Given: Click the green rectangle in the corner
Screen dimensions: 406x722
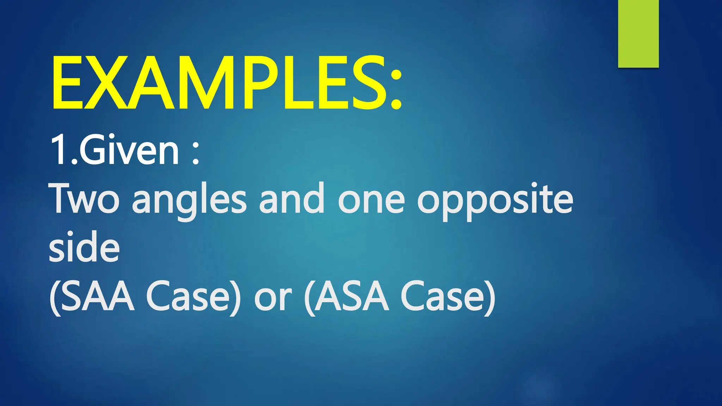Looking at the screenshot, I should point(638,33).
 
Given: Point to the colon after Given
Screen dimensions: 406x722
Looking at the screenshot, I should point(196,155).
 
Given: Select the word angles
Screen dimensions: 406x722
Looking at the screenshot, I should point(189,201).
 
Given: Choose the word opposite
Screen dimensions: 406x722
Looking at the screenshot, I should point(495,201).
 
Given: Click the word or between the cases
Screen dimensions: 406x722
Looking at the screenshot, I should point(273,300).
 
